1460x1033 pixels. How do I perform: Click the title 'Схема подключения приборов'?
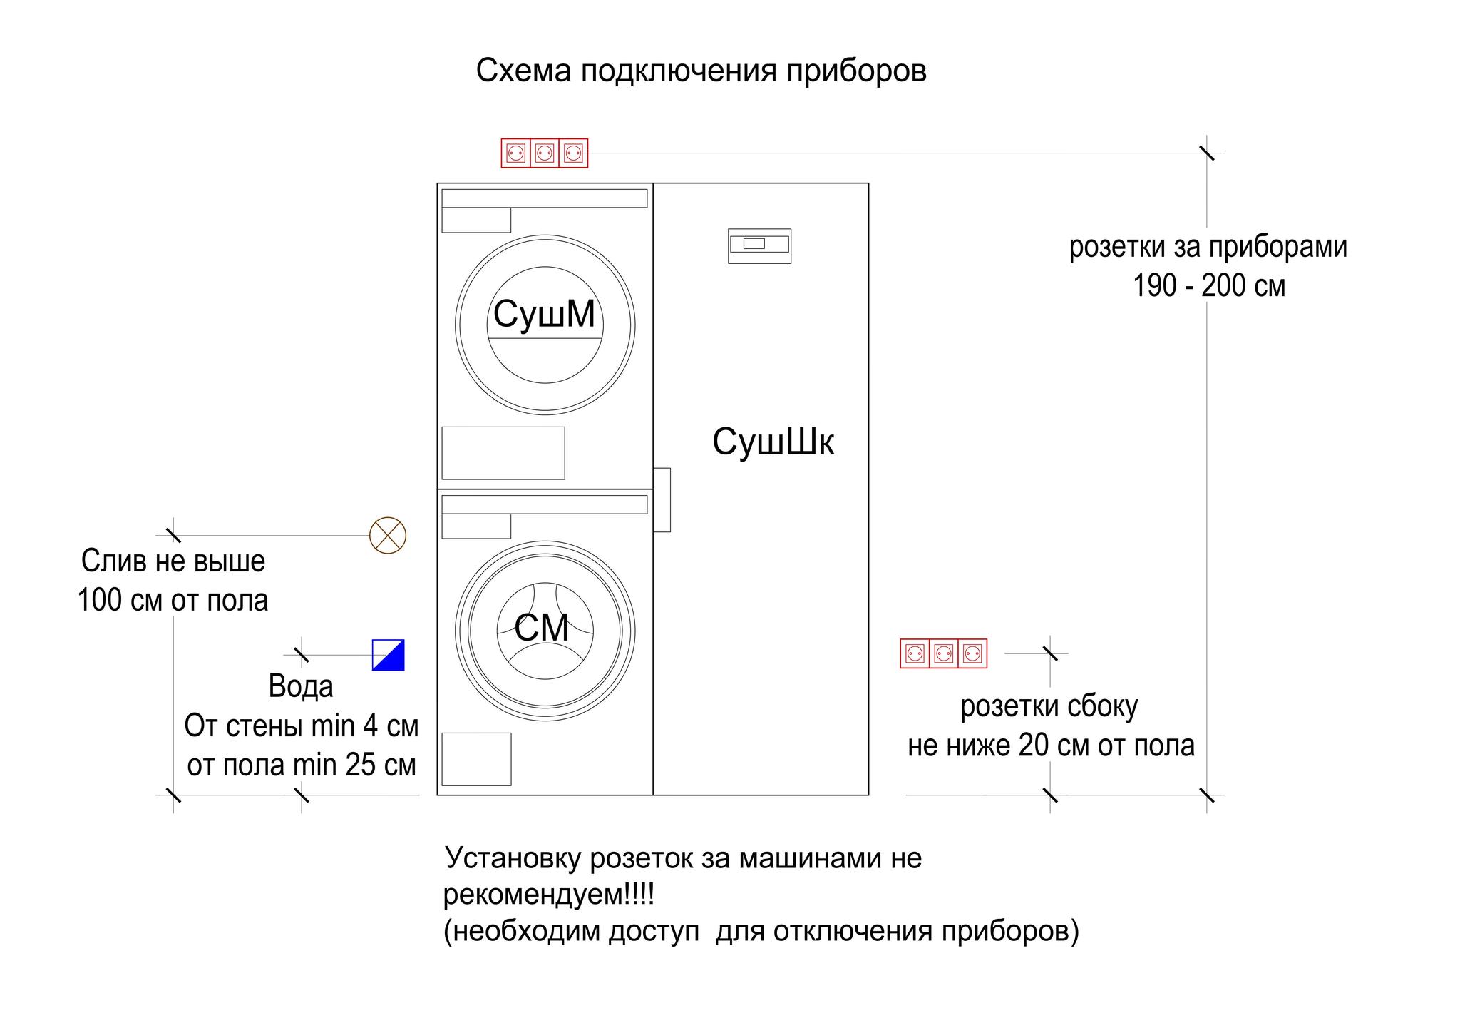pyautogui.click(x=701, y=71)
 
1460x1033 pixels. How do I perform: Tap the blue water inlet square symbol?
pyautogui.click(x=389, y=655)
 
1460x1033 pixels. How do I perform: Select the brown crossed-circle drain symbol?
pyautogui.click(x=388, y=535)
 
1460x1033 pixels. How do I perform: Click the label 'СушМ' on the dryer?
pyautogui.click(x=544, y=314)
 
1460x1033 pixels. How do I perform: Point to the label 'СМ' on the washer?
pyautogui.click(x=542, y=629)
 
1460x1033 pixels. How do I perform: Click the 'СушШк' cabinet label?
pyautogui.click(x=773, y=442)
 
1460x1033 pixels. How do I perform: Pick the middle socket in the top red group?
pyautogui.click(x=545, y=153)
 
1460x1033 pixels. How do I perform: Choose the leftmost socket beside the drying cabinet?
pyautogui.click(x=915, y=653)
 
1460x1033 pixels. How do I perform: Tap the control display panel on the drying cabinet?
pyautogui.click(x=759, y=246)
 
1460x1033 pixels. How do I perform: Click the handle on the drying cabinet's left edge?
pyautogui.click(x=662, y=499)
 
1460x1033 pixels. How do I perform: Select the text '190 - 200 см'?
pyautogui.click(x=1209, y=286)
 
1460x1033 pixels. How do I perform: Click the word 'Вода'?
pyautogui.click(x=301, y=686)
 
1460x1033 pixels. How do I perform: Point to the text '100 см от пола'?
pyautogui.click(x=173, y=600)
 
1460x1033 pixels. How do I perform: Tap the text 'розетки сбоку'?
pyautogui.click(x=1049, y=707)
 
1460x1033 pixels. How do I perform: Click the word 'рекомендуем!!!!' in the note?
pyautogui.click(x=549, y=895)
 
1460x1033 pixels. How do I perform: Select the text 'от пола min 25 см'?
pyautogui.click(x=302, y=765)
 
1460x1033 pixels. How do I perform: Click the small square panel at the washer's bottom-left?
pyautogui.click(x=476, y=759)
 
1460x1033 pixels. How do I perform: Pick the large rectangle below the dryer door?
pyautogui.click(x=503, y=453)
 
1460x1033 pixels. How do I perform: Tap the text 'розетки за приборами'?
pyautogui.click(x=1208, y=248)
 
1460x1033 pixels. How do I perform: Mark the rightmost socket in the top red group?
pyautogui.click(x=573, y=153)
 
